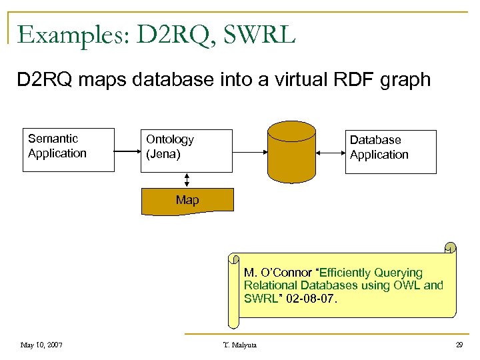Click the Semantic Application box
point(68,149)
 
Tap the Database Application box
point(390,151)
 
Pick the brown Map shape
point(187,201)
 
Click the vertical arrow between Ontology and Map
point(187,179)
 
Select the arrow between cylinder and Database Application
point(329,153)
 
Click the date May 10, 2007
point(41,345)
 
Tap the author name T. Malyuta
point(241,345)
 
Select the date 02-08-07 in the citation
point(313,299)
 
